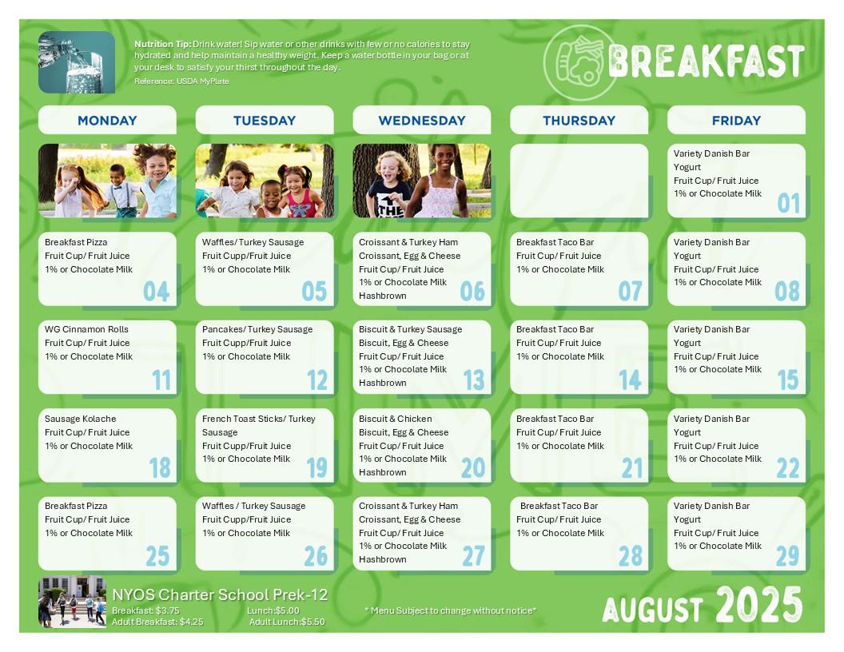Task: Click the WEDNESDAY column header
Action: click(421, 121)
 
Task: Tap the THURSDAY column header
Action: click(579, 121)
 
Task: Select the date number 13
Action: click(474, 380)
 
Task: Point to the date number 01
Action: click(788, 203)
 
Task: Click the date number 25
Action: click(157, 556)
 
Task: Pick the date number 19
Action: click(316, 467)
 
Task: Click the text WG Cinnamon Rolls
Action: click(86, 329)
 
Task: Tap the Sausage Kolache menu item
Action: click(80, 419)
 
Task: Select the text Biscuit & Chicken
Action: click(395, 419)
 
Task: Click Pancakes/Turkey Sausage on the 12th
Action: click(257, 329)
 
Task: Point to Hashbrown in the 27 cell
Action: click(383, 559)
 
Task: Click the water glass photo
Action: click(77, 62)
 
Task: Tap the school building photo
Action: click(72, 602)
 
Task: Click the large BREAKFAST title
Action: click(707, 62)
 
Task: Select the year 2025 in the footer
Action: click(759, 605)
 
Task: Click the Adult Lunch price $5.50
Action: click(313, 622)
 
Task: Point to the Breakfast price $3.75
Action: click(167, 610)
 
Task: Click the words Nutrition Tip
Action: click(162, 44)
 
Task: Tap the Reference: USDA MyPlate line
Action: click(181, 81)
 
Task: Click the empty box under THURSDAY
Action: click(579, 181)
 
